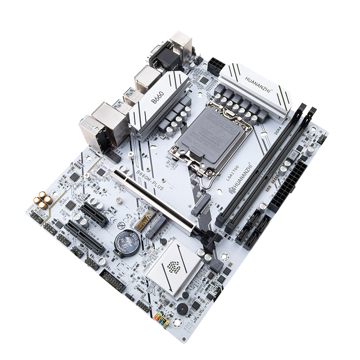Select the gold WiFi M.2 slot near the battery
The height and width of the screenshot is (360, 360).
(x=148, y=221)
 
